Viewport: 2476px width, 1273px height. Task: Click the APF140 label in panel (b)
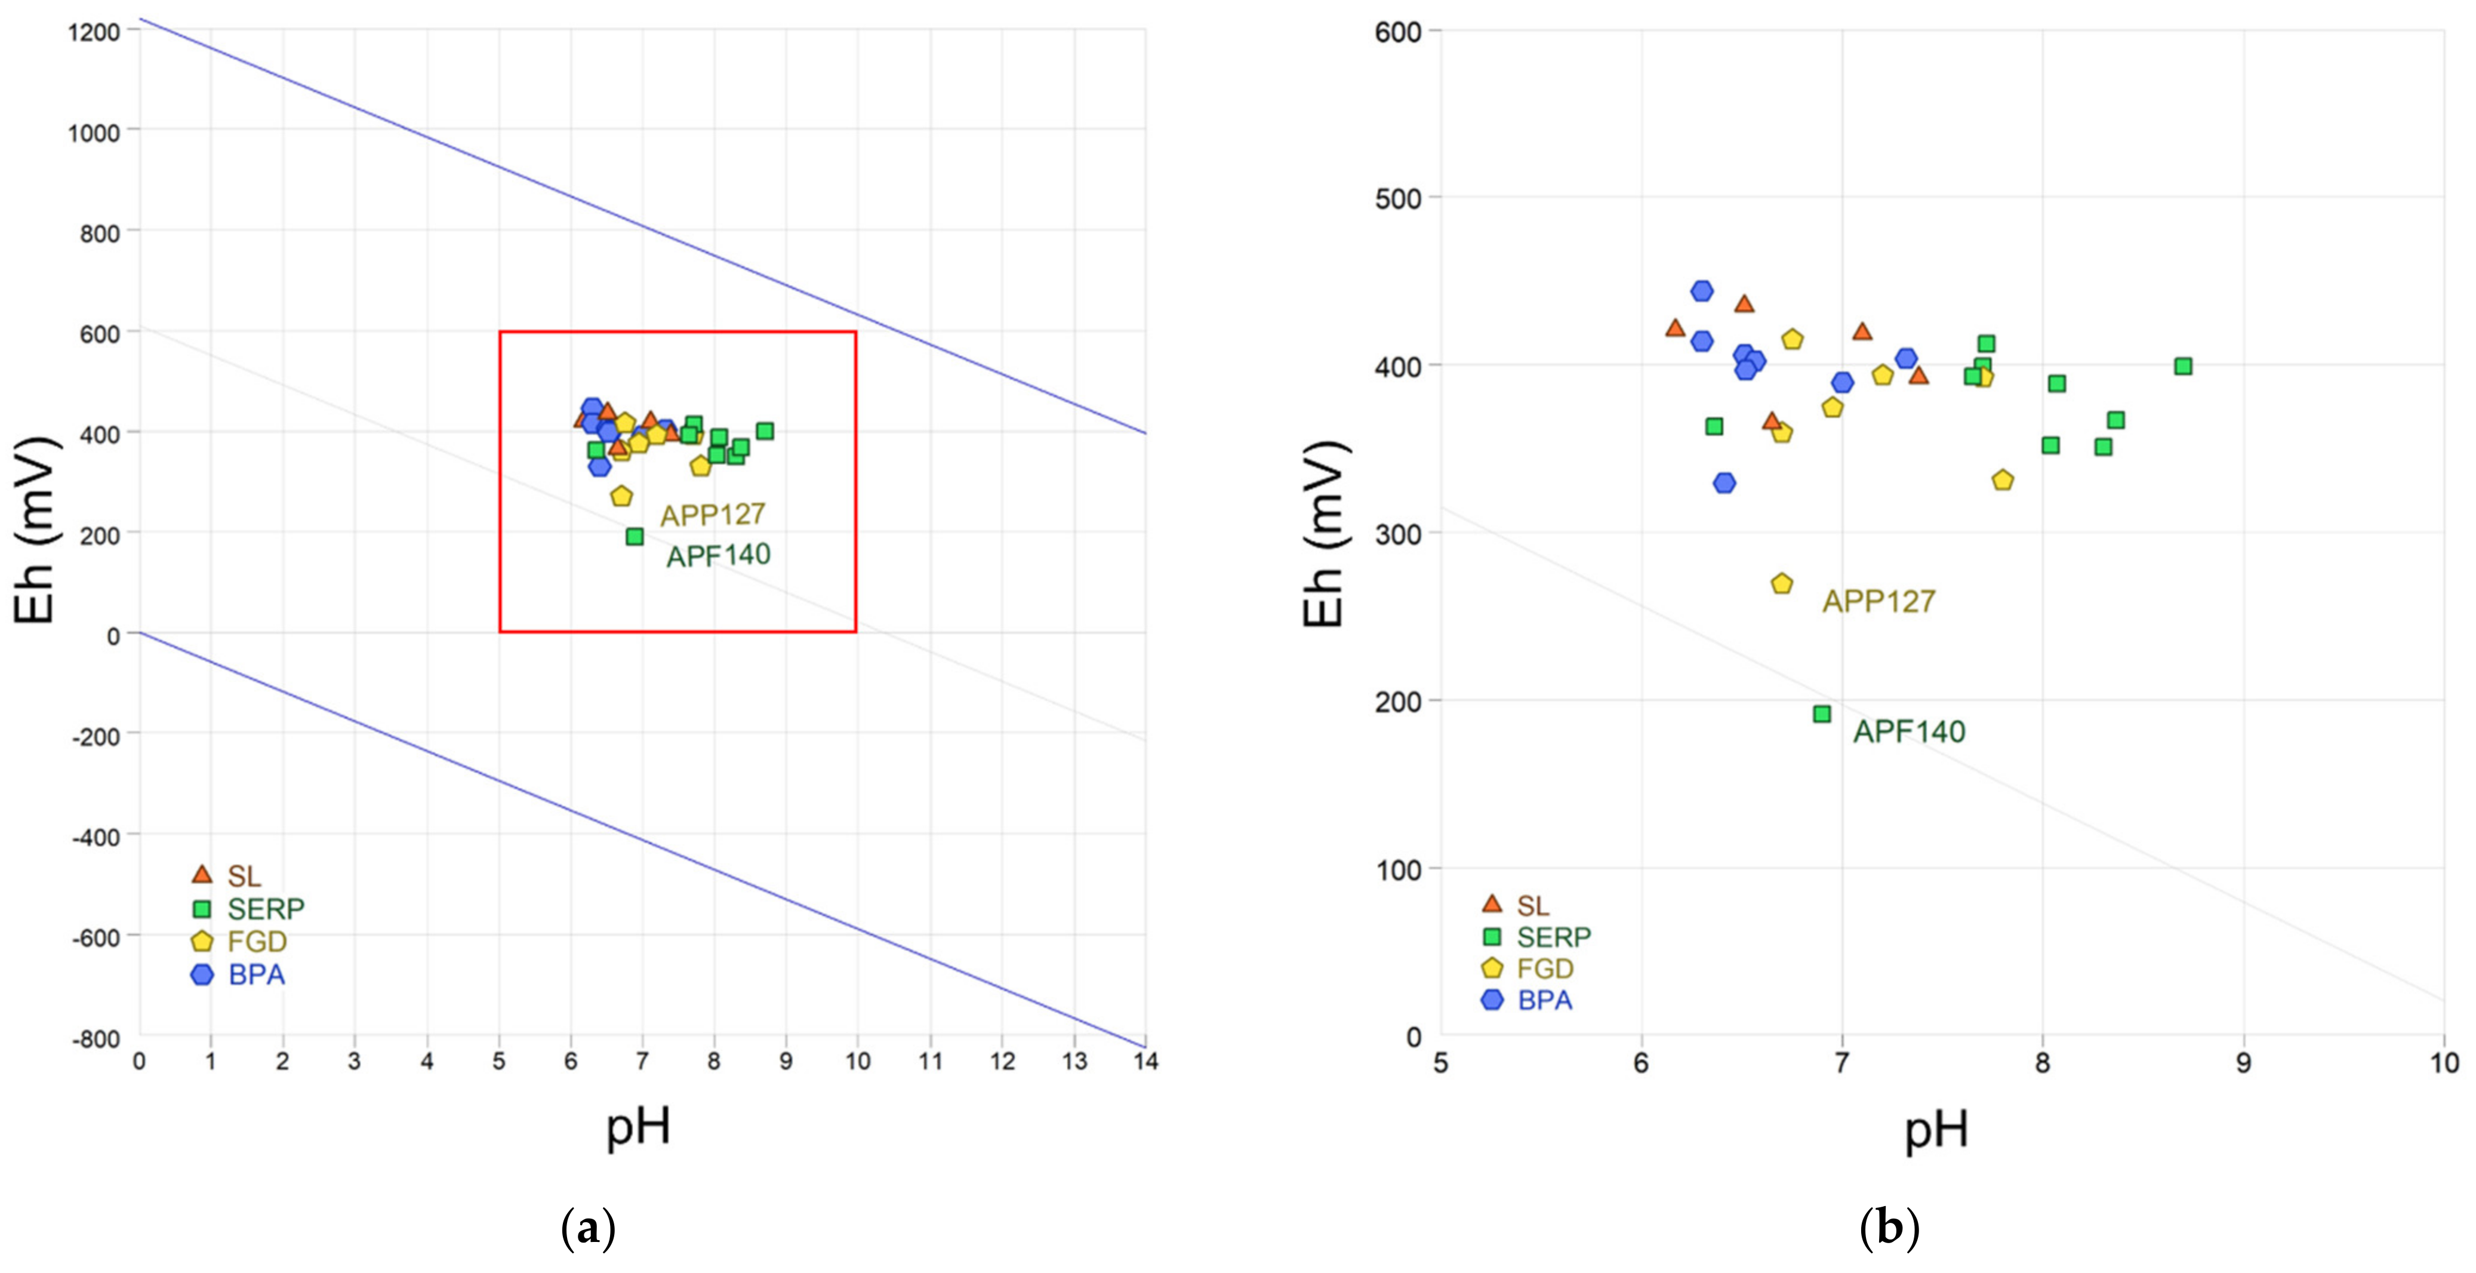(1909, 731)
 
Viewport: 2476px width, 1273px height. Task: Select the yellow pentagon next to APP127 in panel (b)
(1782, 583)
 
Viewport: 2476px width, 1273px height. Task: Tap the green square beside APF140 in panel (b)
(1821, 714)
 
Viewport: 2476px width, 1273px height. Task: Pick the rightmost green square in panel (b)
(2183, 365)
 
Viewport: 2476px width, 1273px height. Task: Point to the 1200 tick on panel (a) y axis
(94, 32)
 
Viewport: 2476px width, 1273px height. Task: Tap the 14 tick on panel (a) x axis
(1145, 1062)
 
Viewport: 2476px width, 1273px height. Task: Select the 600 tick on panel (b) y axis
(1397, 32)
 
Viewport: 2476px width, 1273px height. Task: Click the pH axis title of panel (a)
(638, 1126)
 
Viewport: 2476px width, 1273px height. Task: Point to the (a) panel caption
(587, 1229)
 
